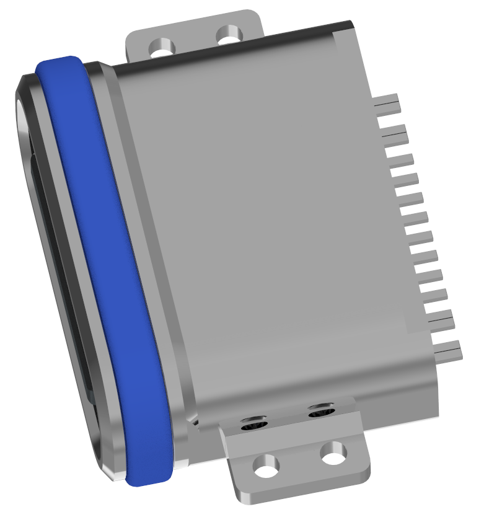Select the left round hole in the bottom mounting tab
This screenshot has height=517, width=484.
tap(267, 466)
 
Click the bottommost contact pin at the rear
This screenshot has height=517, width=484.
tap(449, 353)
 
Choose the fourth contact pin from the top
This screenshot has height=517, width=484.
tap(407, 180)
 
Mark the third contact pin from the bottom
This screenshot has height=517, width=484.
tap(433, 294)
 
